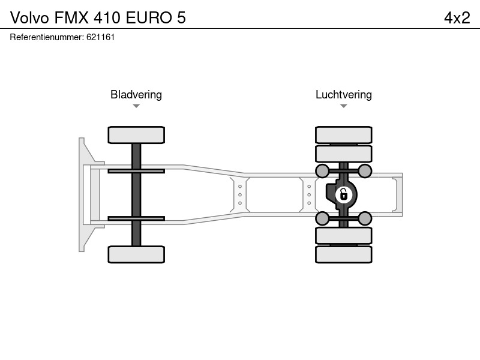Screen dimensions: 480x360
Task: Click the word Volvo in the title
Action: (x=29, y=18)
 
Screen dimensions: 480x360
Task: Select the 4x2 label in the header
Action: (x=457, y=18)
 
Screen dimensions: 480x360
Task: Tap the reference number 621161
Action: (x=100, y=37)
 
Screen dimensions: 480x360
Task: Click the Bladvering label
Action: (x=136, y=95)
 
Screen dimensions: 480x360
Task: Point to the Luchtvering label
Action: (x=344, y=95)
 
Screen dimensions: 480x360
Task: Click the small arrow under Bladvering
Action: (x=136, y=106)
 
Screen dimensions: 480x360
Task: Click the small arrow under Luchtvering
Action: (x=344, y=106)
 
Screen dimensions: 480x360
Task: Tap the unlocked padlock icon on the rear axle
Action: (x=344, y=194)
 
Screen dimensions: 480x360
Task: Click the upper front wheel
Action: (x=136, y=134)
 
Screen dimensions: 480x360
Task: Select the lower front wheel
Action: (x=136, y=254)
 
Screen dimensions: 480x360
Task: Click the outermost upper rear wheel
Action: (x=344, y=134)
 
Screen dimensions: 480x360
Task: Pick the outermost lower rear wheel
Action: (x=344, y=254)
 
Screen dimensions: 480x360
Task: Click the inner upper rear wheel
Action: (x=344, y=154)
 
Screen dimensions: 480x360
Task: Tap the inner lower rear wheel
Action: (x=344, y=236)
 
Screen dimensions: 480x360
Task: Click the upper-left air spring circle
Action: (x=322, y=171)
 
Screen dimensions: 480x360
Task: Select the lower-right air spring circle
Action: (x=365, y=218)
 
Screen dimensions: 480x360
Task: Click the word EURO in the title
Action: (x=149, y=18)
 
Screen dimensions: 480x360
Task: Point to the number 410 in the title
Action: (x=107, y=18)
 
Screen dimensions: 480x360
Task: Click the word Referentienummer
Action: (x=47, y=37)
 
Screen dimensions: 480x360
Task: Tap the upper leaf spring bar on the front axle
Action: (x=136, y=171)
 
